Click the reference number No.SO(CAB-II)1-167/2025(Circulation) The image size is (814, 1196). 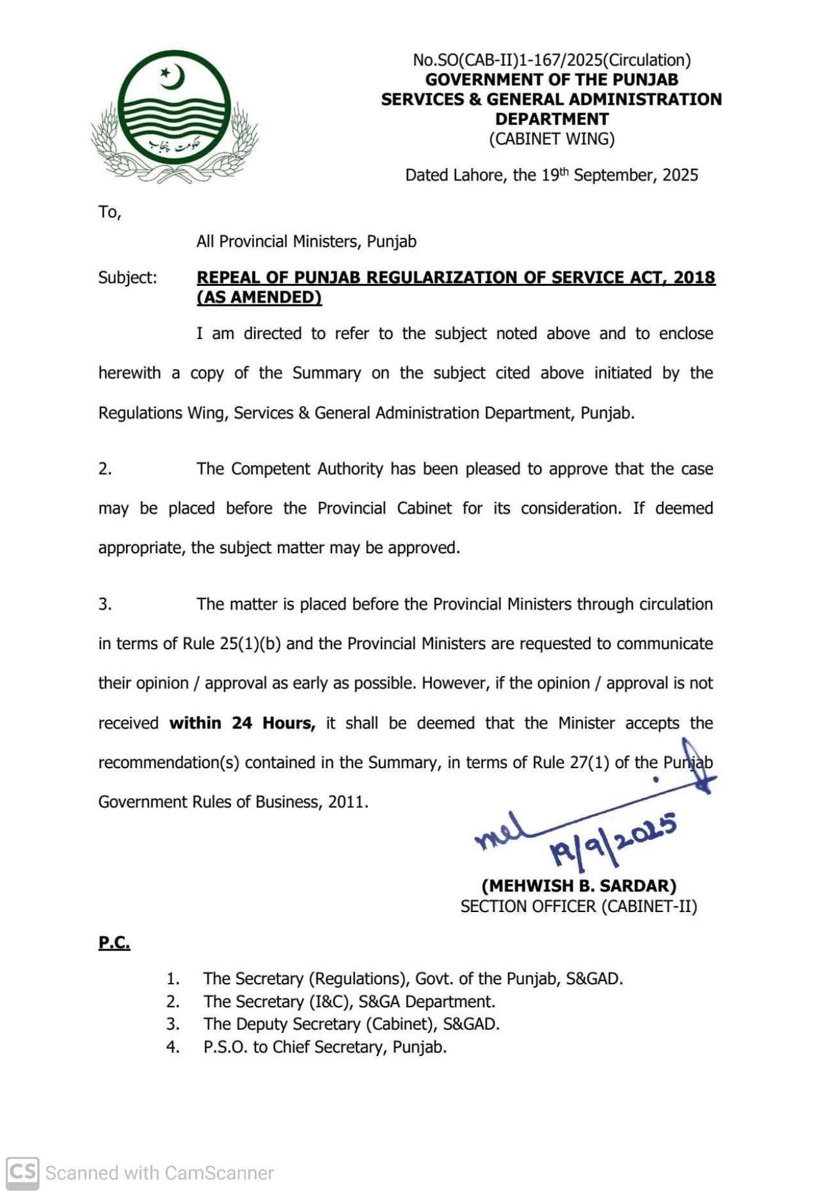click(x=552, y=60)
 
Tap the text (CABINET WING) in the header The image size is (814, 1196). click(x=552, y=139)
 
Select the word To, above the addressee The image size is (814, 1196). click(x=109, y=212)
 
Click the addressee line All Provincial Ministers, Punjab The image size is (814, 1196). click(x=307, y=242)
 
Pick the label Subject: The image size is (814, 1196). click(x=127, y=278)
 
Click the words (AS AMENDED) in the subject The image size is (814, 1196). click(x=259, y=297)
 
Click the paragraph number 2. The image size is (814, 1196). click(x=105, y=469)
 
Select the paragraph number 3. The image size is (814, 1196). click(x=105, y=604)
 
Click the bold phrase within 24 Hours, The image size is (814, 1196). click(x=243, y=723)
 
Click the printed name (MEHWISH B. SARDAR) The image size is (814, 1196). click(x=579, y=886)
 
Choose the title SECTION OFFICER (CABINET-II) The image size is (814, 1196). click(x=579, y=906)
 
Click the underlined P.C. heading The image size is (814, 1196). click(x=115, y=943)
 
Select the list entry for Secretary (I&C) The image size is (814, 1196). click(x=349, y=1002)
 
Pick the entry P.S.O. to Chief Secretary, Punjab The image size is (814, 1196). click(x=324, y=1047)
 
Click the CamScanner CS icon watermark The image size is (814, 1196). click(x=22, y=1173)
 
